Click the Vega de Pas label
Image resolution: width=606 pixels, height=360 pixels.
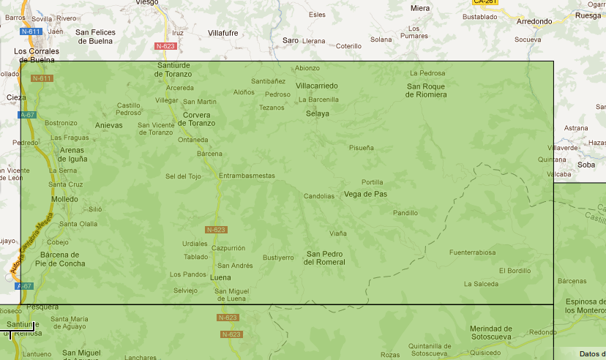365,194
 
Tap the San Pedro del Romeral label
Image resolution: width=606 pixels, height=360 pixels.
325,258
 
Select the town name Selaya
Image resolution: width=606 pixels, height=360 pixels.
318,113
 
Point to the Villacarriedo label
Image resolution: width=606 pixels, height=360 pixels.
317,86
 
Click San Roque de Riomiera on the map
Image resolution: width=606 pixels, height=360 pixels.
427,90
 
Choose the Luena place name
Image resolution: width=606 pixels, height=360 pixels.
220,278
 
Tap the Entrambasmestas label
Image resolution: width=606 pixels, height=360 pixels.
247,176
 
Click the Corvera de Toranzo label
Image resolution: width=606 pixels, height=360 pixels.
196,119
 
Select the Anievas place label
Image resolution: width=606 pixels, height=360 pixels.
109,125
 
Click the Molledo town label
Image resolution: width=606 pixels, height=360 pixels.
64,199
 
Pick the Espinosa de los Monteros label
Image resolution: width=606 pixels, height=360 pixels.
585,306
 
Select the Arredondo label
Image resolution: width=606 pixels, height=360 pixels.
534,21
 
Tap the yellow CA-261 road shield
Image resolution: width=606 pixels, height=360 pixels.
485,1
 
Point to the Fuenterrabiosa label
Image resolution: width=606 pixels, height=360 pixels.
472,252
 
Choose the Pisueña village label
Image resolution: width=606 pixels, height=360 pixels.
362,148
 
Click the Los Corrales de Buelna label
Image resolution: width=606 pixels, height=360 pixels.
37,55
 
